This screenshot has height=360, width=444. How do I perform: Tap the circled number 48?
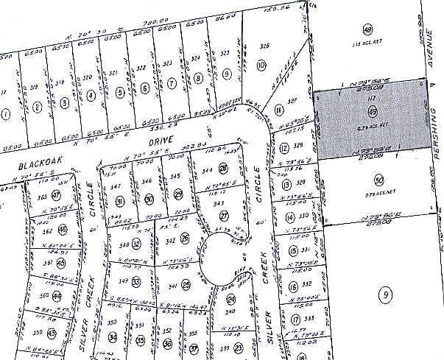(x=367, y=29)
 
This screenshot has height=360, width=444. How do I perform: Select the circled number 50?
(x=379, y=180)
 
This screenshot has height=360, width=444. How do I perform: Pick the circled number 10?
(x=261, y=66)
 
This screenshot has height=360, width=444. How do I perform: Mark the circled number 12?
(x=284, y=148)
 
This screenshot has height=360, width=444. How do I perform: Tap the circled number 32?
(x=113, y=336)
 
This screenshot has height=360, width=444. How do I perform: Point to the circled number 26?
(x=185, y=238)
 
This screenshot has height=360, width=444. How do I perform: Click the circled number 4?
(x=91, y=94)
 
